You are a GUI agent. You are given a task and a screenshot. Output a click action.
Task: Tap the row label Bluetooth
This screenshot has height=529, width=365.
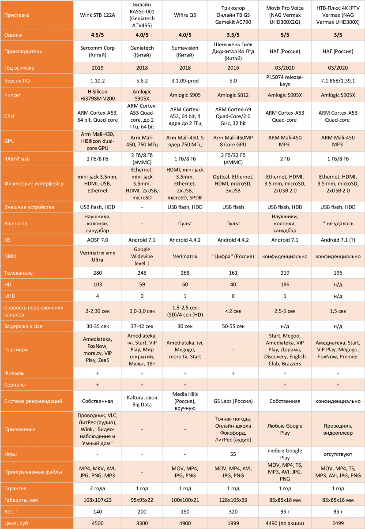tap(16, 224)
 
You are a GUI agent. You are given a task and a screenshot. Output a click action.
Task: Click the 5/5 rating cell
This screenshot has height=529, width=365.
tap(284, 34)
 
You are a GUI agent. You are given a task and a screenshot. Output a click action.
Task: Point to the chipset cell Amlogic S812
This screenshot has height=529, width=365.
tap(233, 94)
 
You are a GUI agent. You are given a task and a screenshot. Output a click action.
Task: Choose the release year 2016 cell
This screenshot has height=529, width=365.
tap(233, 68)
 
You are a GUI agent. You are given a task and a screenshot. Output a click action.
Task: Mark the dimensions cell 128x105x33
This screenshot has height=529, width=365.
tap(233, 499)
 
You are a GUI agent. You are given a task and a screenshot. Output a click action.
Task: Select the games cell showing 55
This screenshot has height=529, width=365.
tap(233, 453)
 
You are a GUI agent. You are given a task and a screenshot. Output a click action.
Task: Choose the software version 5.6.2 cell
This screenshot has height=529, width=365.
tap(142, 81)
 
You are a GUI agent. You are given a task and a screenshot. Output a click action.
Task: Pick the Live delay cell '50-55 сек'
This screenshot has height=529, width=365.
tap(233, 326)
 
